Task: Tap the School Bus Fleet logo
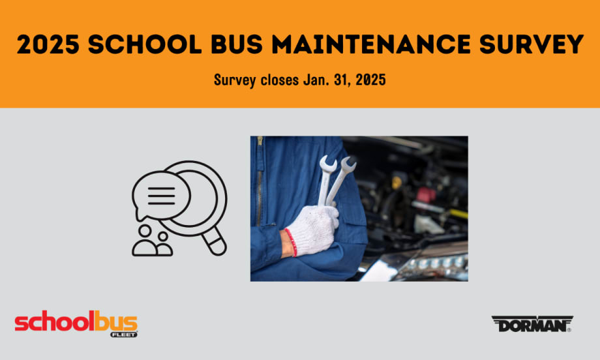tap(76, 324)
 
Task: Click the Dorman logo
tap(531, 324)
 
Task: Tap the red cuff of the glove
tap(291, 242)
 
